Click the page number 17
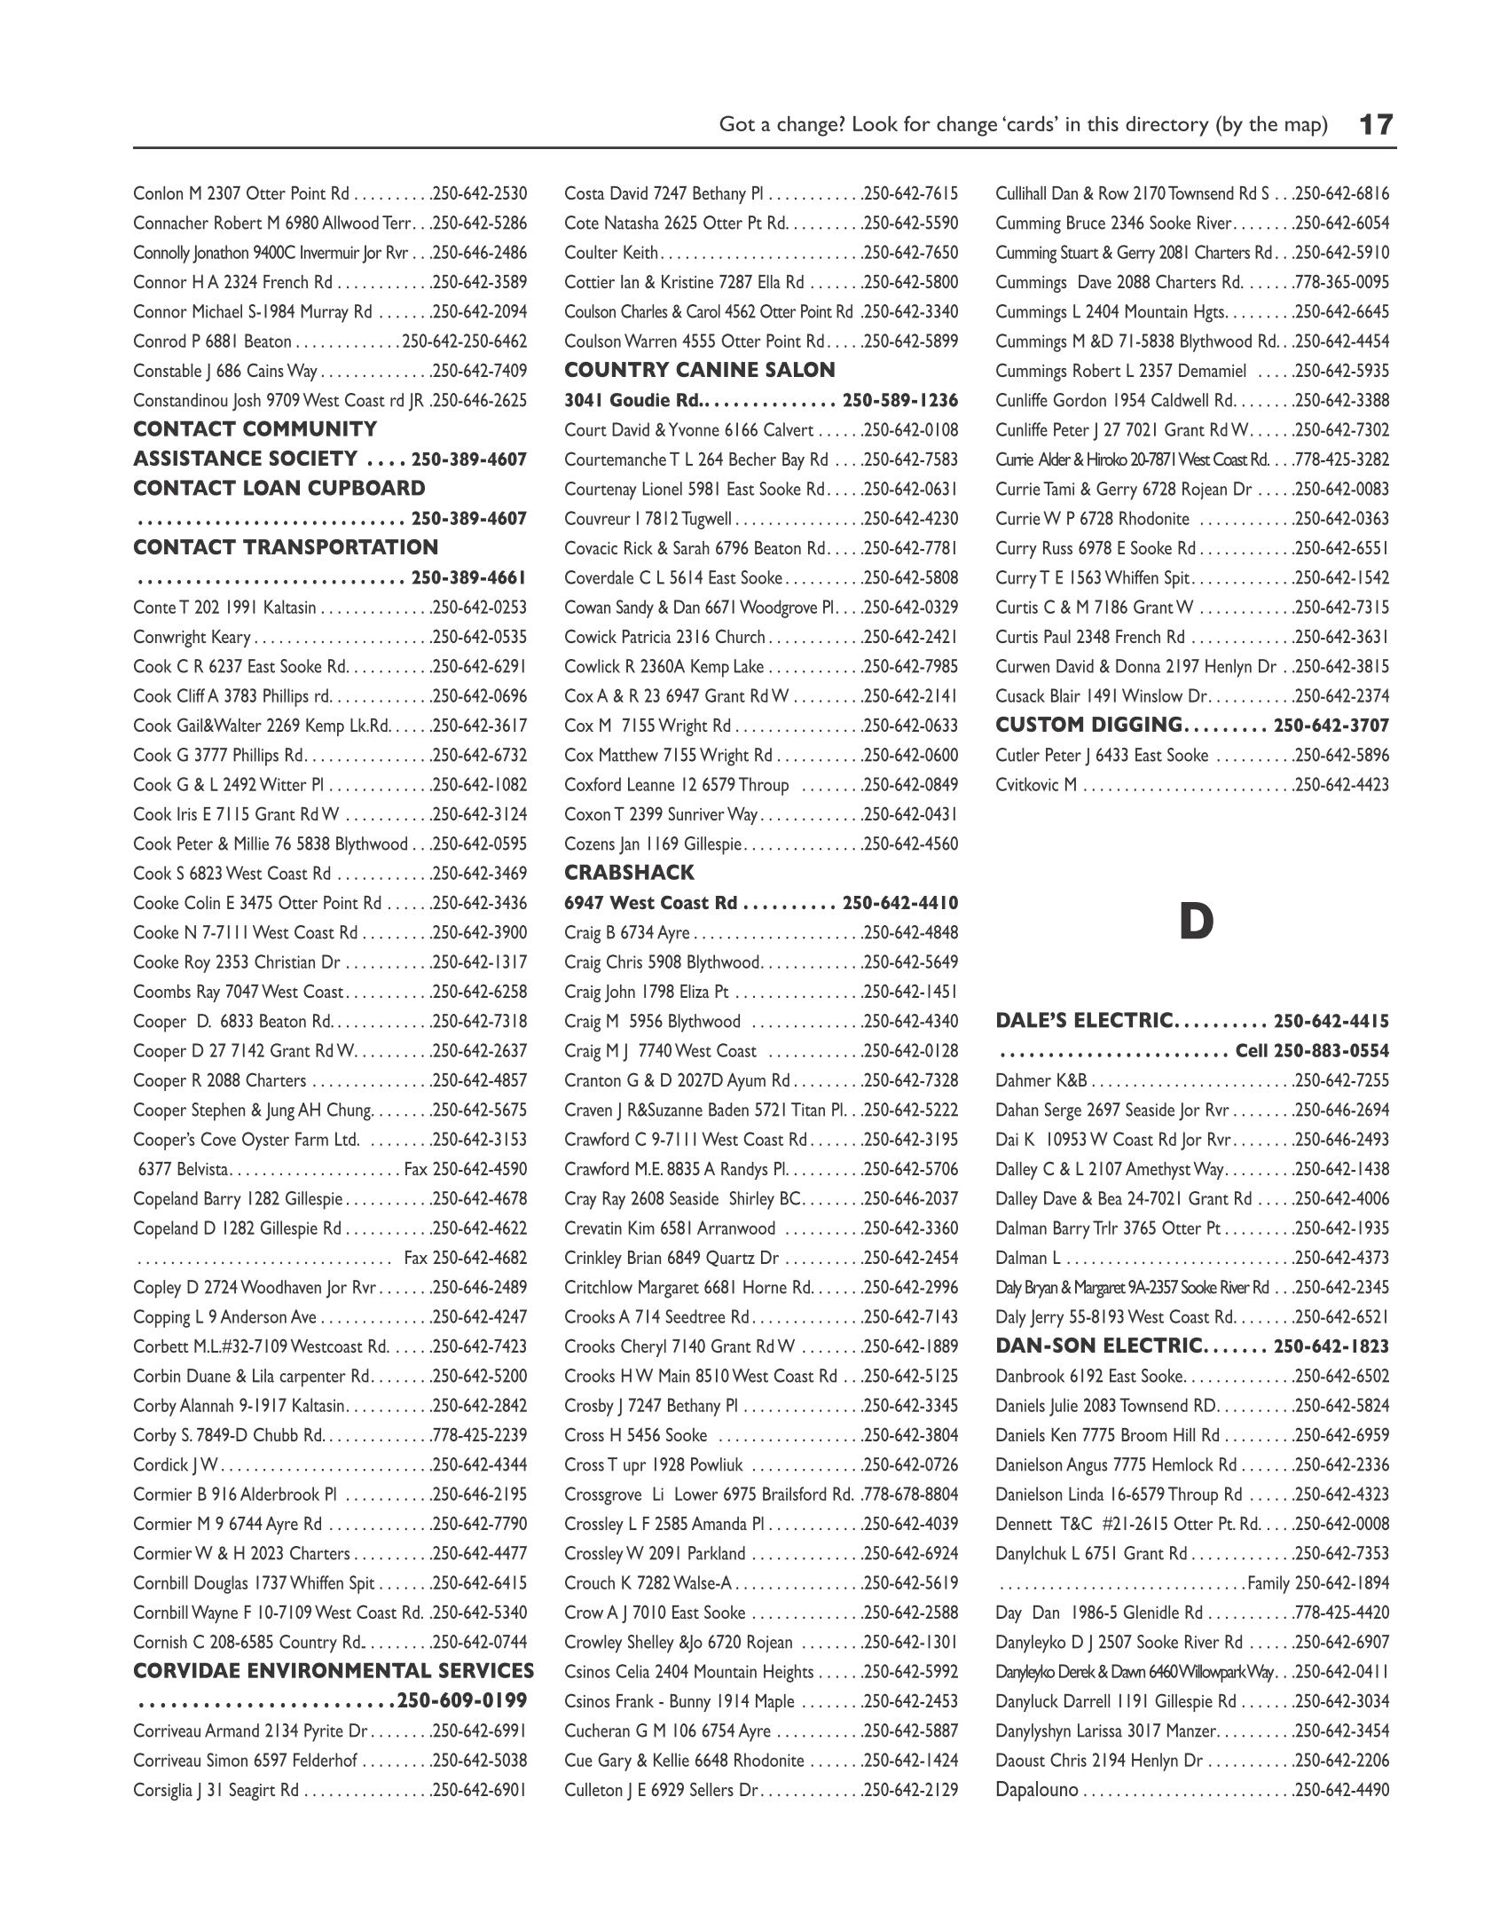(1376, 124)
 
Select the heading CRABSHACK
(629, 873)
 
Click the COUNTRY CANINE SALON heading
(700, 371)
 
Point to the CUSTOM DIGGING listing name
(1088, 726)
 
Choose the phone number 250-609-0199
(462, 1700)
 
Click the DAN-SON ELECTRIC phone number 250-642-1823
(1331, 1346)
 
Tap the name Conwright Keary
(192, 637)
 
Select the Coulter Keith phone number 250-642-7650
(910, 253)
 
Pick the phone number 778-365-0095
(1341, 282)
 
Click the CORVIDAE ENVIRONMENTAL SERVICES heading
(334, 1671)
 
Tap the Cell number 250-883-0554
(1331, 1051)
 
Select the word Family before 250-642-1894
(1268, 1583)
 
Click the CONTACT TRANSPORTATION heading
(286, 547)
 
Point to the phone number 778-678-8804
(910, 1495)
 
